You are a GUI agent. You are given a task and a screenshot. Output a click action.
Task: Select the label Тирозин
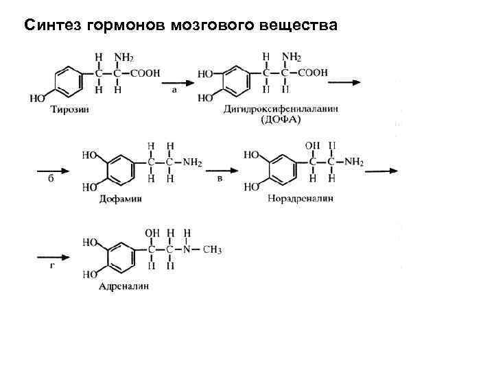coord(69,108)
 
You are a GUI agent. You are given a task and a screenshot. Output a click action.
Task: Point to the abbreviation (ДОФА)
coord(281,119)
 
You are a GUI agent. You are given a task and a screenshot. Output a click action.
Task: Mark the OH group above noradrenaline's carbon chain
coord(312,145)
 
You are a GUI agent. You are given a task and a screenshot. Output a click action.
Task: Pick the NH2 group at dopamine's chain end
coord(193,162)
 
